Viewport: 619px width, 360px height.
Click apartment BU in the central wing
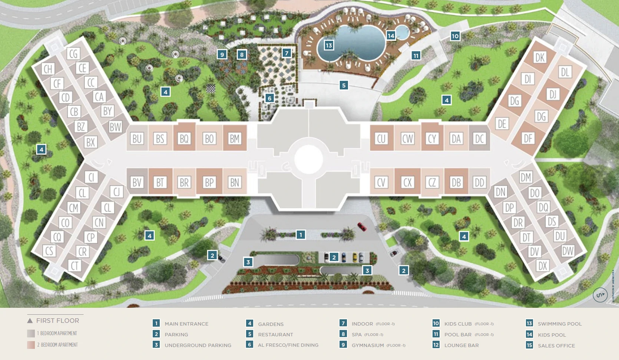point(137,139)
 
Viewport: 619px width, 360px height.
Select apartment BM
point(235,139)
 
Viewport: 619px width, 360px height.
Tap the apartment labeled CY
point(432,139)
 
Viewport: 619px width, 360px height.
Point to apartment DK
point(540,57)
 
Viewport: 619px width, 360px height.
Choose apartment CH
point(48,69)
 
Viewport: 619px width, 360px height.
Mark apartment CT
point(75,266)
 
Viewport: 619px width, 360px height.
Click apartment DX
point(543,266)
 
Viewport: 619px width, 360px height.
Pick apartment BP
point(209,182)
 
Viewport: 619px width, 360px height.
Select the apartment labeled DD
point(479,182)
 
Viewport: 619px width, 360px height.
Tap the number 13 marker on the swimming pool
point(329,45)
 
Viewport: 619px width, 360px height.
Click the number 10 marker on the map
point(455,36)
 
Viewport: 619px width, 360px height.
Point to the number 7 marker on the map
point(287,53)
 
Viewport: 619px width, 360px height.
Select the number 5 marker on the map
point(344,86)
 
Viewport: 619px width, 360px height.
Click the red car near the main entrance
point(362,226)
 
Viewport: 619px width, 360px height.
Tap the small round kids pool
point(402,33)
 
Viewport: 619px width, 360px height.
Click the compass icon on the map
point(600,295)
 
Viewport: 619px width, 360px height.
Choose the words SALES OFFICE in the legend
point(556,346)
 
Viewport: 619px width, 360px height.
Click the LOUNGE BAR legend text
point(461,345)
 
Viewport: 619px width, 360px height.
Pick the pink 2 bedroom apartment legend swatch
point(31,345)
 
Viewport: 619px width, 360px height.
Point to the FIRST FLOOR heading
point(57,320)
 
